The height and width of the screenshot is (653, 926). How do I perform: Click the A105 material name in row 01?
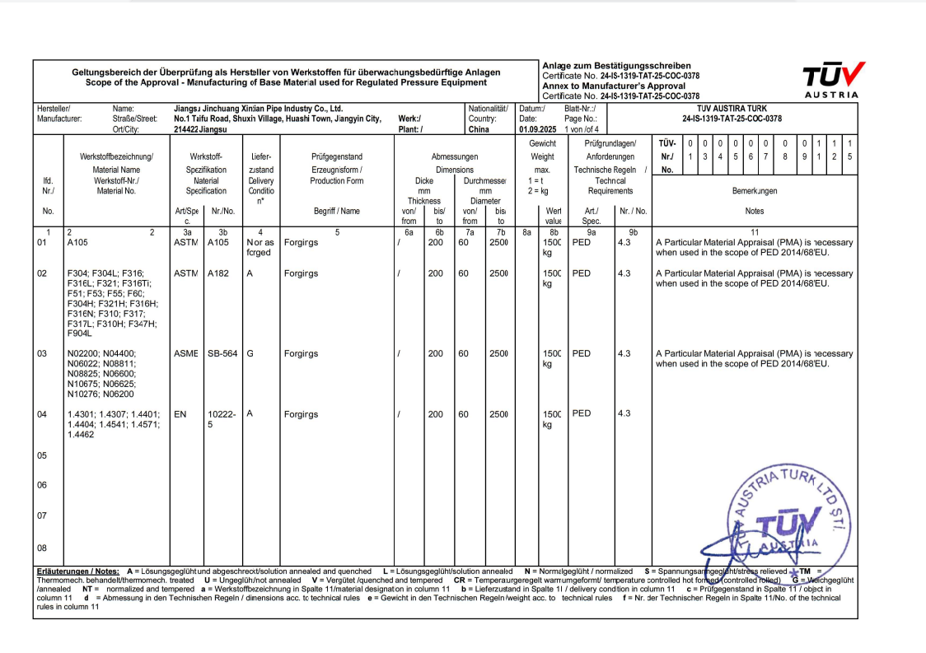coord(78,243)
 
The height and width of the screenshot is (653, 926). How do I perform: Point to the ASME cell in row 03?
coord(185,353)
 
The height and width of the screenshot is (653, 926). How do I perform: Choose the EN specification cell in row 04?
coord(180,414)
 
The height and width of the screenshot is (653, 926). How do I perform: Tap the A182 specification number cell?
coord(218,273)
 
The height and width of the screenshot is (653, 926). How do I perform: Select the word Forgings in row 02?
coord(301,273)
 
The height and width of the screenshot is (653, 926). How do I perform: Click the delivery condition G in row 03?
coord(250,353)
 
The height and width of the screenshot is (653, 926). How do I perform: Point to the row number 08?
coord(42,548)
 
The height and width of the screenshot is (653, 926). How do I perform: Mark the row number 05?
coord(42,455)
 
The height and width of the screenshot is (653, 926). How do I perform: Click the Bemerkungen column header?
coord(754,190)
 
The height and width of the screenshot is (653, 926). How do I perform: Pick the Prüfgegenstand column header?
coord(337,156)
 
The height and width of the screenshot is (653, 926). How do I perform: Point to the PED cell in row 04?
coord(582,413)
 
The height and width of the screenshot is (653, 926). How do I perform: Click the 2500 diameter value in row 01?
coord(498,243)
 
